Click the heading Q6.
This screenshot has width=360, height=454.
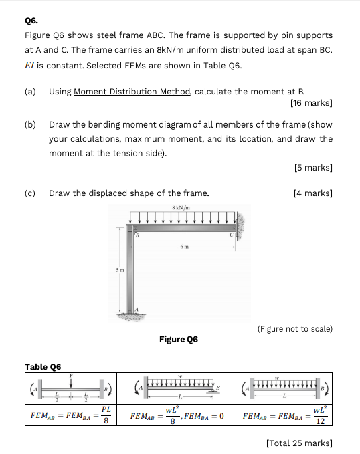click(31, 20)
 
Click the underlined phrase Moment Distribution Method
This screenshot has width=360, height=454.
click(132, 91)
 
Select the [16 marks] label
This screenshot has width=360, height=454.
click(311, 103)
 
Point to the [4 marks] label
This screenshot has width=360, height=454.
click(313, 193)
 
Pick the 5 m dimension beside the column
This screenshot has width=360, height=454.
click(119, 271)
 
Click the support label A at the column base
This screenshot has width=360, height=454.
click(137, 307)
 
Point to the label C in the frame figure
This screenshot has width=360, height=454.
click(231, 234)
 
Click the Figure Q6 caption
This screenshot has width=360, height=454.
click(179, 339)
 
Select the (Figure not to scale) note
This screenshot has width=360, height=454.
click(294, 328)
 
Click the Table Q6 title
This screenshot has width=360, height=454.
click(43, 366)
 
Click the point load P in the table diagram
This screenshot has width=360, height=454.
click(71, 376)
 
